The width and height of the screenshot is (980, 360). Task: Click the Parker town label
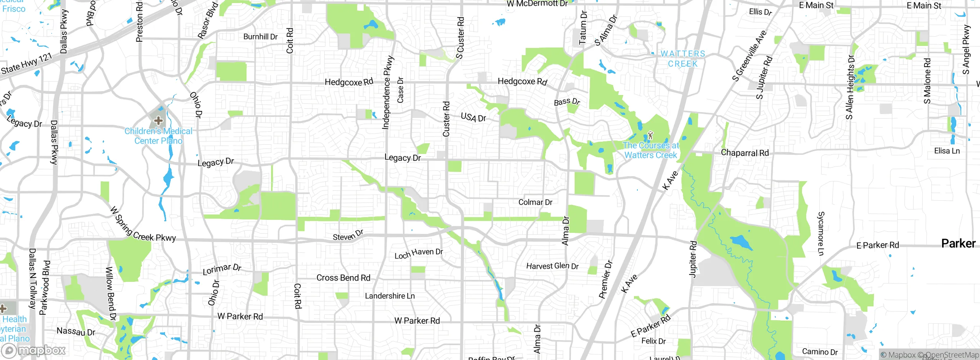(958, 244)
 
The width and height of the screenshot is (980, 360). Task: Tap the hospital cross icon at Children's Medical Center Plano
(158, 121)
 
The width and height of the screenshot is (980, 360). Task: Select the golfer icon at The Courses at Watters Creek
(650, 135)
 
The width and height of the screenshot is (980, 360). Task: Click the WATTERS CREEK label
(683, 59)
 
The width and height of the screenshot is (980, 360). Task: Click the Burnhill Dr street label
(260, 37)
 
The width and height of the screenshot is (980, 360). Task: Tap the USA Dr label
(474, 117)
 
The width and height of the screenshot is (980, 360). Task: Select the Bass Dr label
(567, 102)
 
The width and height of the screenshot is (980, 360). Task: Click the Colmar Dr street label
(535, 202)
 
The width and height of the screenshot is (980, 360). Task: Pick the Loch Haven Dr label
(418, 254)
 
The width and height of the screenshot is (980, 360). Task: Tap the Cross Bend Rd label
(343, 278)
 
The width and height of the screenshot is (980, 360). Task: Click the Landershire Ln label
(390, 296)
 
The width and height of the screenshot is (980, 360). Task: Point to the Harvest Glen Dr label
(552, 266)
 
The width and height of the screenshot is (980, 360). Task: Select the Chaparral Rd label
(745, 153)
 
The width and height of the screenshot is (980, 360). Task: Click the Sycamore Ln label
(821, 233)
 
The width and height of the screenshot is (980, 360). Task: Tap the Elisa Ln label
(947, 151)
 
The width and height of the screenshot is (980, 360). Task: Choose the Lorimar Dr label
(222, 269)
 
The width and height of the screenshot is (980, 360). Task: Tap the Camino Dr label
(820, 352)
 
